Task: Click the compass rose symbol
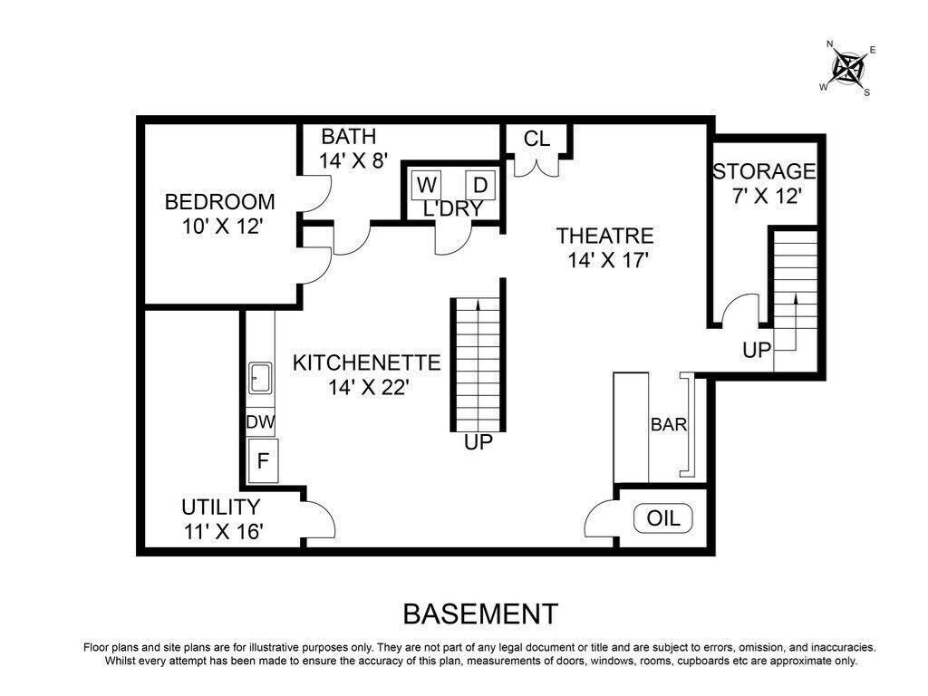[x=849, y=67]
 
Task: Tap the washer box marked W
[x=426, y=186]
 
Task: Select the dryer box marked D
[x=480, y=186]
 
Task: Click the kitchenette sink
[x=260, y=378]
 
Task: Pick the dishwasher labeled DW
[x=260, y=422]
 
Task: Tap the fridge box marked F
[x=263, y=460]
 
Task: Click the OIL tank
[x=662, y=518]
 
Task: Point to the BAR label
[x=669, y=424]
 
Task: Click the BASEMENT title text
[x=480, y=614]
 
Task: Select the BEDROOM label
[x=219, y=202]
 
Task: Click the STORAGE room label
[x=764, y=171]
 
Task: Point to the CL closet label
[x=536, y=139]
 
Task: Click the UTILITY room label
[x=221, y=507]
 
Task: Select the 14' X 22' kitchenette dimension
[x=370, y=388]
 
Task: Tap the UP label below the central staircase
[x=478, y=442]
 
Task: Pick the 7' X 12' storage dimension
[x=767, y=196]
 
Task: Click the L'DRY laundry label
[x=453, y=209]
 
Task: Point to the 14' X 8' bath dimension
[x=353, y=161]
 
